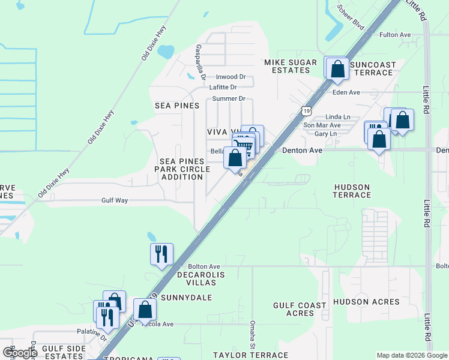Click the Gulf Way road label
115,201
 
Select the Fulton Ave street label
395,35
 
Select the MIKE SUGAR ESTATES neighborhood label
287,66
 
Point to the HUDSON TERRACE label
352,191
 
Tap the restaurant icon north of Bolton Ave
161,254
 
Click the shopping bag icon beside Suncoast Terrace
338,69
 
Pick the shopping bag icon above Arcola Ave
145,310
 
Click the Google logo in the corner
19,353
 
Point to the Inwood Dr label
231,77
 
